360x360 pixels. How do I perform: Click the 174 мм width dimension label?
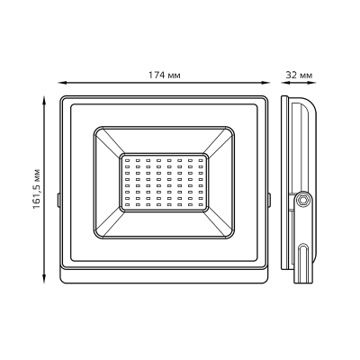click(164, 74)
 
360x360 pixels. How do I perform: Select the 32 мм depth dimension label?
click(300, 74)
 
